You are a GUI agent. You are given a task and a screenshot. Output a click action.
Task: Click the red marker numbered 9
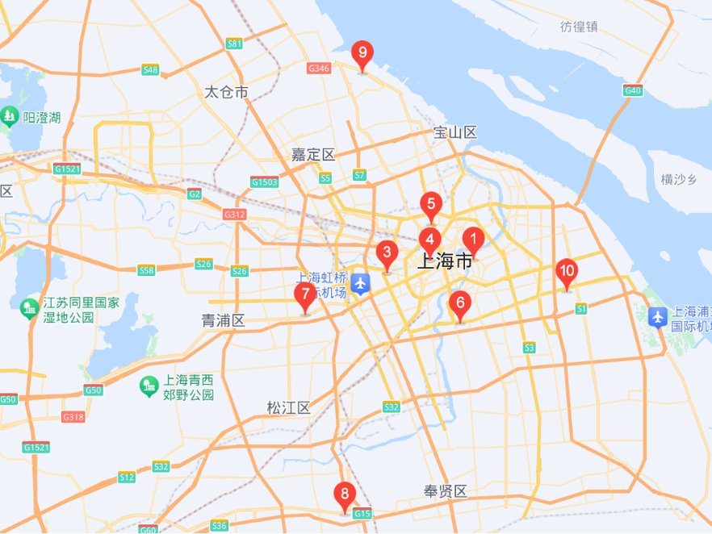(x=362, y=56)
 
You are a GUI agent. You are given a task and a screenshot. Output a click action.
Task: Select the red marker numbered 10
(x=567, y=272)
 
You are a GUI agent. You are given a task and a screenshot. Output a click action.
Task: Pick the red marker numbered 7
(x=304, y=295)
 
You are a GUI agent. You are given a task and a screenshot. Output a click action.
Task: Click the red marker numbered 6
(x=460, y=304)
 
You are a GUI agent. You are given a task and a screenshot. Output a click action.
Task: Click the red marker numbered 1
(x=473, y=239)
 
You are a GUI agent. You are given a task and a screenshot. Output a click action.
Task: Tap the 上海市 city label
(x=445, y=261)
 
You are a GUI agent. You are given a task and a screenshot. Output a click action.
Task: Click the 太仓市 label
(x=226, y=93)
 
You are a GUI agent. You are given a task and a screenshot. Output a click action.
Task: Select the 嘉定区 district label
(x=313, y=154)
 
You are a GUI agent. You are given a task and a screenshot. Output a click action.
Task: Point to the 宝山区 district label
(x=455, y=132)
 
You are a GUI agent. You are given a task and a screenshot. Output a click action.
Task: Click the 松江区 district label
(x=288, y=408)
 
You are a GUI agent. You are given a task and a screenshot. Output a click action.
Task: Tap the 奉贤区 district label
(x=446, y=491)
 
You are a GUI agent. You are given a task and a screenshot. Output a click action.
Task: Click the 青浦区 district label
(x=223, y=320)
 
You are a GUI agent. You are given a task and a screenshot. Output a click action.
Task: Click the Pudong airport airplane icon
(x=658, y=317)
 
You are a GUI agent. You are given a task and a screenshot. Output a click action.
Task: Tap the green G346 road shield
(x=319, y=69)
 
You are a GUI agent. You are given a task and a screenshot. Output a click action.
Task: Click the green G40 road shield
(x=633, y=90)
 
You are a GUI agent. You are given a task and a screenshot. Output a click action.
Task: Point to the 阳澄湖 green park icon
(x=10, y=117)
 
